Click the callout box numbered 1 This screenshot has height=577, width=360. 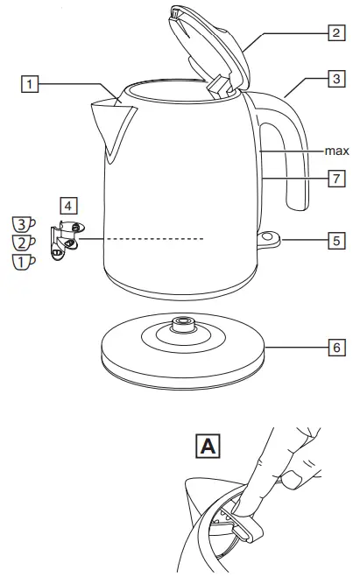pos(31,85)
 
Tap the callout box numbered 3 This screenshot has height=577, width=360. pos(335,79)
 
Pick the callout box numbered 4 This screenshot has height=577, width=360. pos(68,206)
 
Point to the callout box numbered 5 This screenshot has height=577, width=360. pos(335,239)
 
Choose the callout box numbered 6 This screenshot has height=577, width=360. pos(335,348)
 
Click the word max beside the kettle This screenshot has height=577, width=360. pos(337,151)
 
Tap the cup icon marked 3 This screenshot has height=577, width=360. pos(24,223)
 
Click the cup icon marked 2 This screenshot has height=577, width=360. pos(24,242)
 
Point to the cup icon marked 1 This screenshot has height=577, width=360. pos(24,260)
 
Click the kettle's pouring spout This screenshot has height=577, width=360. pos(113,123)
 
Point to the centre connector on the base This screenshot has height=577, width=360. pos(181,324)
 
